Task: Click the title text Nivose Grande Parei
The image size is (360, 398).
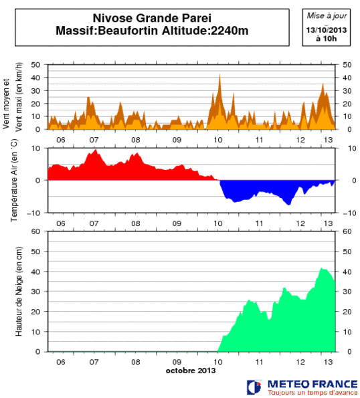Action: tap(149, 19)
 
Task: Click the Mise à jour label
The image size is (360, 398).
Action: tap(327, 15)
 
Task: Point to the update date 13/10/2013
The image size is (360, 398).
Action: tap(327, 30)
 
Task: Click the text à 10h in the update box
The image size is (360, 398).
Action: tap(327, 39)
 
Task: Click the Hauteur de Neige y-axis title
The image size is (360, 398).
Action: tap(19, 291)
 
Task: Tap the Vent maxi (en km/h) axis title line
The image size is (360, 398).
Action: tap(19, 97)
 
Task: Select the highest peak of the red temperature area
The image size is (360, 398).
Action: tap(96, 151)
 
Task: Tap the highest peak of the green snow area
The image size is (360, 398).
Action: tap(322, 269)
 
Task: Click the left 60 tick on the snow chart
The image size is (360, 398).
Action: tap(37, 231)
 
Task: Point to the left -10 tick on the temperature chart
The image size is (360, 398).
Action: tap(36, 213)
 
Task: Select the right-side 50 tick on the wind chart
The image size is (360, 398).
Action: tap(347, 65)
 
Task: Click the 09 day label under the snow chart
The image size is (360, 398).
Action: tap(177, 362)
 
